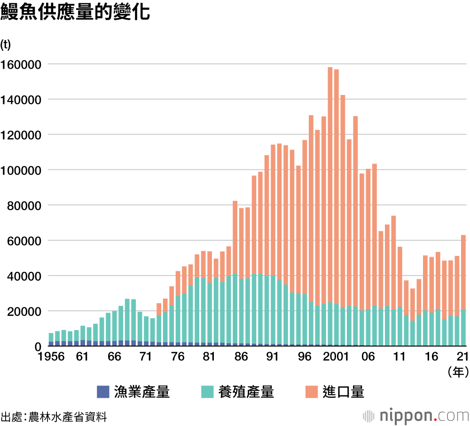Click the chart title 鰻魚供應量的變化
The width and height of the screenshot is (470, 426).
75,12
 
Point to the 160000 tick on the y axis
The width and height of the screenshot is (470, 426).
22,64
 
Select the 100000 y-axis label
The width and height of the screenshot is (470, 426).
22,170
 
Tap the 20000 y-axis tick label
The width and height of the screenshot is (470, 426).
24,311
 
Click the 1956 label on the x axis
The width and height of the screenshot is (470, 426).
51,356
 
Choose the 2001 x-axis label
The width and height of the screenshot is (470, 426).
336,356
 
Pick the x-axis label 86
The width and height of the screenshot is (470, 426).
241,356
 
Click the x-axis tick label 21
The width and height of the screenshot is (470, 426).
462,356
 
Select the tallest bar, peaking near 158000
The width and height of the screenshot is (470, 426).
330,207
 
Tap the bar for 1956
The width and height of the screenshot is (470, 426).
51,339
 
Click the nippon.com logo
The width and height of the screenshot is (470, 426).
416,416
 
